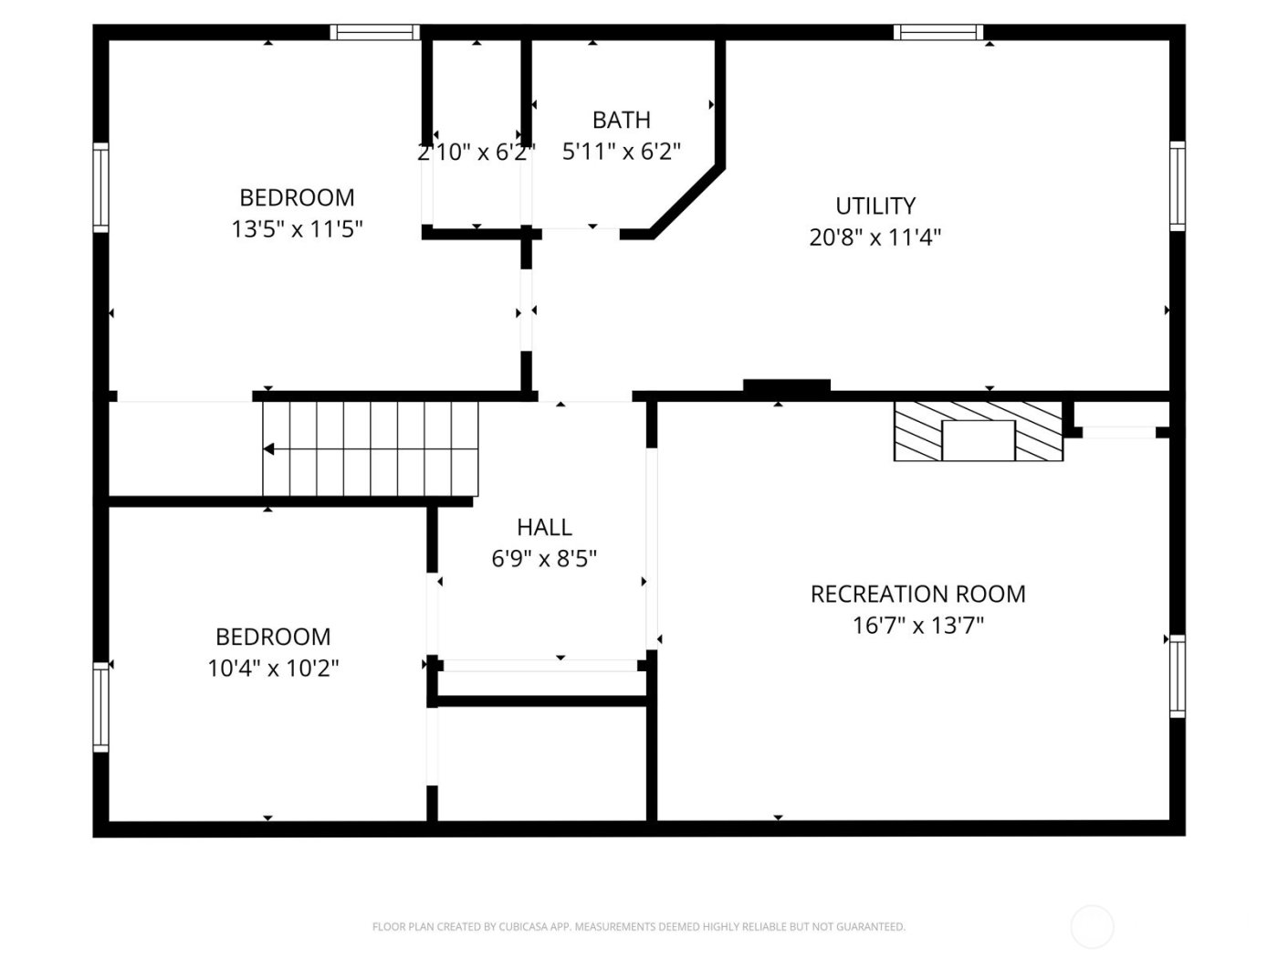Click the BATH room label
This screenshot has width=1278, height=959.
click(x=621, y=120)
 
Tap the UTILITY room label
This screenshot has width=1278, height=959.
click(x=875, y=205)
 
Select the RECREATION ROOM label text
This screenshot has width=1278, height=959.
click(x=917, y=594)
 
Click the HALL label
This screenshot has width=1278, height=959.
click(x=544, y=527)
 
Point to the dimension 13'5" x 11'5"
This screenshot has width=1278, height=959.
click(x=297, y=228)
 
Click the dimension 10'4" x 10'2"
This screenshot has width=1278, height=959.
click(x=273, y=668)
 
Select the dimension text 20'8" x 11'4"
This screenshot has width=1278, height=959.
click(x=875, y=237)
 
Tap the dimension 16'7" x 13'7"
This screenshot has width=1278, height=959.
click(x=917, y=626)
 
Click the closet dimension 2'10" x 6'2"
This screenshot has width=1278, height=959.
click(x=476, y=152)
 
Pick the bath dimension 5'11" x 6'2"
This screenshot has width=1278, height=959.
click(x=621, y=152)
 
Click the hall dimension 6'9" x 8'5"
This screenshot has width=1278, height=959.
click(x=544, y=558)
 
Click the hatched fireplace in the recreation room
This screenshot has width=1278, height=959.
click(x=978, y=431)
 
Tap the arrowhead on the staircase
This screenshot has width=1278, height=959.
click(x=268, y=449)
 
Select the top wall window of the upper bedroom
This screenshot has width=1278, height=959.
click(x=374, y=32)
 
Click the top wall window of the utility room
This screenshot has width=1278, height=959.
click(x=938, y=32)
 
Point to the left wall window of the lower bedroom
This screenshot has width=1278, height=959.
click(x=100, y=708)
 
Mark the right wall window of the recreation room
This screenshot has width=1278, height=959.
click(x=1178, y=676)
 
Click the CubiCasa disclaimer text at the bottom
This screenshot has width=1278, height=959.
click(x=638, y=927)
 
